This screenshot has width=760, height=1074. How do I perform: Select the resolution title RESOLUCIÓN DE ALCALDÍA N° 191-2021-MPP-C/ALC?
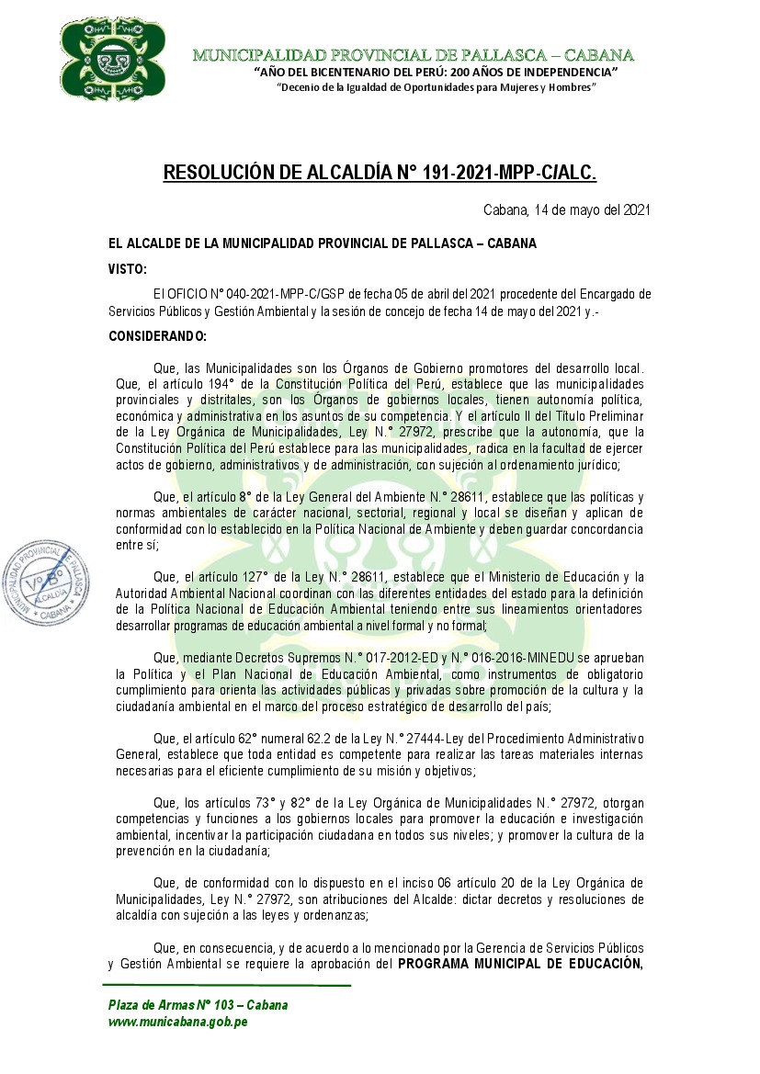(x=380, y=173)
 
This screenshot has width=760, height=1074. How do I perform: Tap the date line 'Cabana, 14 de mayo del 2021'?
(x=567, y=210)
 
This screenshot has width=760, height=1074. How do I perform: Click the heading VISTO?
(x=127, y=269)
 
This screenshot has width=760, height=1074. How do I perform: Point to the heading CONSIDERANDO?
(x=157, y=336)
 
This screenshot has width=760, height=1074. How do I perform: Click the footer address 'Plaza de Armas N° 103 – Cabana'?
(x=198, y=1004)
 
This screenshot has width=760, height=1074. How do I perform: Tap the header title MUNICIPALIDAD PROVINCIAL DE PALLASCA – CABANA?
(x=413, y=55)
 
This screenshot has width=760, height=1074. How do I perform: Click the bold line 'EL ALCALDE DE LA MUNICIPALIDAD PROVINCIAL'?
(x=322, y=243)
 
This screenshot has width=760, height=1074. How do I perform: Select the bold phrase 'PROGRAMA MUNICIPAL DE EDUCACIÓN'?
(x=519, y=964)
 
